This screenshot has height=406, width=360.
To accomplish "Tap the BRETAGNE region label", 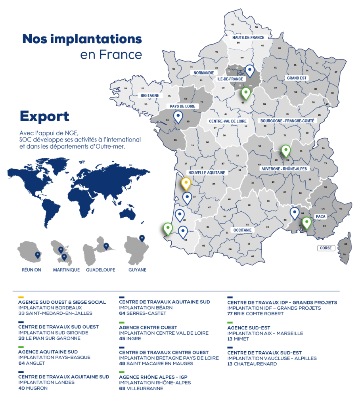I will [149, 96].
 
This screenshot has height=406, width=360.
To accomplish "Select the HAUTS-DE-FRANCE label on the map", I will [248, 37].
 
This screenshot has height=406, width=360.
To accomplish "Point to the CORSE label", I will [326, 248].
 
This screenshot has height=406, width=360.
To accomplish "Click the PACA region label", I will [320, 216].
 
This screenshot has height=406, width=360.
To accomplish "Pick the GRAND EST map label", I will [297, 78].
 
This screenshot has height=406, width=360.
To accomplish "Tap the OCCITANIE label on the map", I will [242, 230].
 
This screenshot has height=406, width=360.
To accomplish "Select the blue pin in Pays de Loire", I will [178, 117].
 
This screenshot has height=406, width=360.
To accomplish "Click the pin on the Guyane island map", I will [142, 238].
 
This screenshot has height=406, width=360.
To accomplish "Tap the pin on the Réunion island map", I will [37, 255].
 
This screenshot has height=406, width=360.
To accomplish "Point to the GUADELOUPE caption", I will [100, 270].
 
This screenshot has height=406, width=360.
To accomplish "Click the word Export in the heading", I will [44, 117].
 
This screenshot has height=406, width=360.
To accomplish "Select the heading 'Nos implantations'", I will [82, 39].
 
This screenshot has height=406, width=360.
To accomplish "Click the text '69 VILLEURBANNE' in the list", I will [141, 389].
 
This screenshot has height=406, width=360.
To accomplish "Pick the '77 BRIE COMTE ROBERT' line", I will [255, 314].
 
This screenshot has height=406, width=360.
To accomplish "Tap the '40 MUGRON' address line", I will [33, 388].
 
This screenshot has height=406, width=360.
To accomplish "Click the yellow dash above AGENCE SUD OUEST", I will [21, 297].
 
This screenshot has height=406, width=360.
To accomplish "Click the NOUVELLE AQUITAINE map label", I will [207, 173].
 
